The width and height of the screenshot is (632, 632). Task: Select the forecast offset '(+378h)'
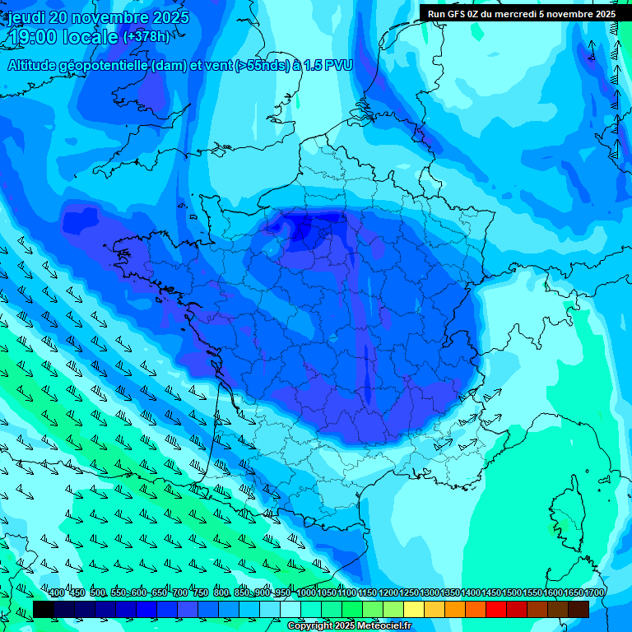click(x=147, y=37)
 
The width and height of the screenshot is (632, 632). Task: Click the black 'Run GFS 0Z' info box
click(x=521, y=13)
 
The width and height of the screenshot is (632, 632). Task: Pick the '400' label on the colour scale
click(x=57, y=593)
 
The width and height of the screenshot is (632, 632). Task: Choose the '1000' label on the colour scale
click(x=306, y=593)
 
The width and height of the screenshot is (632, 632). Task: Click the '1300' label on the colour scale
click(x=430, y=593)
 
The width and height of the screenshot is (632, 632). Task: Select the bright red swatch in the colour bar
click(x=496, y=609)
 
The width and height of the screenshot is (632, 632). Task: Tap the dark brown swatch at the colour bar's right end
click(x=579, y=609)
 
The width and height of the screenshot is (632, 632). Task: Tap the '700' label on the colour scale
click(x=180, y=593)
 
